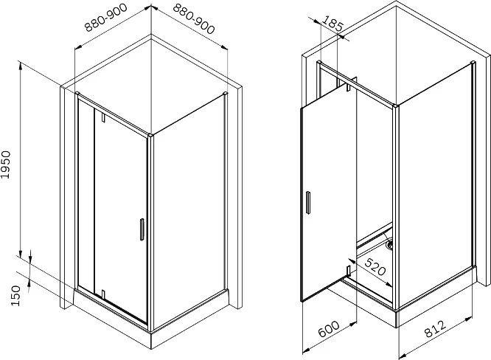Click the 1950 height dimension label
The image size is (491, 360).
coord(6,165)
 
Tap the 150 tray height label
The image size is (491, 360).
coord(15,296)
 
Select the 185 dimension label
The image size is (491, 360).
coord(332,24)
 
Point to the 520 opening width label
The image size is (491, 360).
coord(375,266)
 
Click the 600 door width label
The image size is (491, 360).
coord(329,329)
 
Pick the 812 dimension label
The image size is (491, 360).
coord(435,328)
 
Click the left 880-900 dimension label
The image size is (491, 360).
coord(106,18)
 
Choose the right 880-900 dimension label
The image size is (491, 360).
coord(194,18)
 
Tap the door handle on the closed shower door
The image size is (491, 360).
coord(142,229)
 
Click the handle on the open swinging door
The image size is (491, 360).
coord(308,202)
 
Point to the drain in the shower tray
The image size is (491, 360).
coord(390,245)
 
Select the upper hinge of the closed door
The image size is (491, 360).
coord(103,117)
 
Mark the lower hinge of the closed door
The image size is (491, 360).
coord(102,294)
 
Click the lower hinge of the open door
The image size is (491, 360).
coord(347,270)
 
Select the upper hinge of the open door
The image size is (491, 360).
coord(348,87)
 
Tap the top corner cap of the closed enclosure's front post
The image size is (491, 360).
coord(150,135)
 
